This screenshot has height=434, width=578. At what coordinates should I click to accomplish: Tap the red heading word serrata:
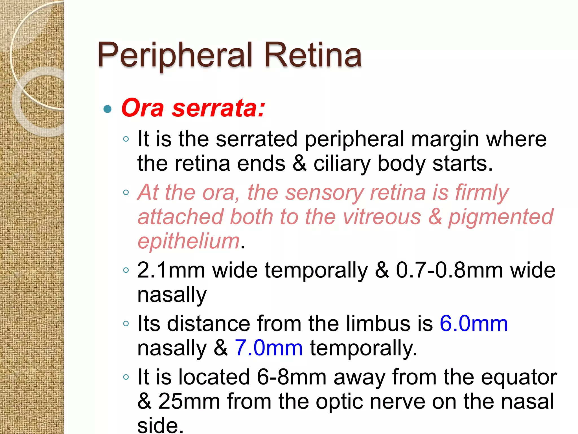point(218,108)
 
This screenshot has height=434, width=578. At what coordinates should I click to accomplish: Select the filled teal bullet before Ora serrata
point(108,109)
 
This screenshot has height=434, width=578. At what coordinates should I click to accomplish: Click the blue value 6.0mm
point(474,324)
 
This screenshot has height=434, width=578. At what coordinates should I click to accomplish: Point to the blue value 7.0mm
point(269,348)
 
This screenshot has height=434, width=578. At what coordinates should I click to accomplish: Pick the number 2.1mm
point(171,270)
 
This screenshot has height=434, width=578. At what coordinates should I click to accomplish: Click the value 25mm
point(189,401)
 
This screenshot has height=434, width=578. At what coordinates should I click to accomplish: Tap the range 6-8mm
point(292,377)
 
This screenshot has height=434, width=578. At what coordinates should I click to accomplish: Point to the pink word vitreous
point(382,217)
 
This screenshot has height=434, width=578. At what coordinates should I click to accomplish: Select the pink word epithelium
point(189,242)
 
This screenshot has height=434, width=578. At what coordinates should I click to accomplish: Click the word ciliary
point(342,164)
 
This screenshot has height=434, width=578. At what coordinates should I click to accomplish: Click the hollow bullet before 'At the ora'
point(126,193)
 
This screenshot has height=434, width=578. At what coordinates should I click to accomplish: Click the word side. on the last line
point(160,426)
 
